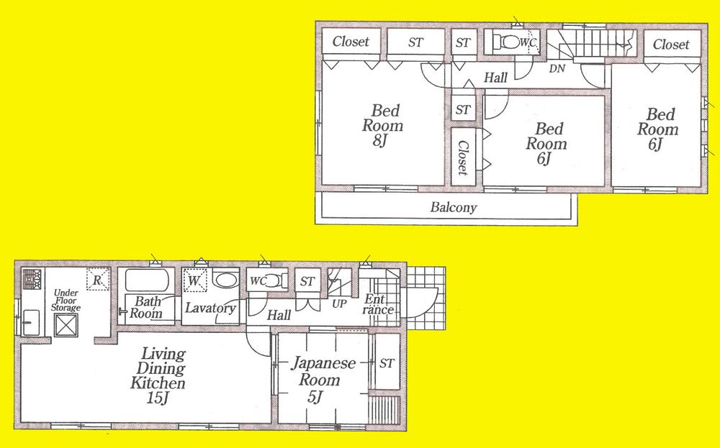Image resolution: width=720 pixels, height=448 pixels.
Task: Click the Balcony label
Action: pyautogui.click(x=454, y=209)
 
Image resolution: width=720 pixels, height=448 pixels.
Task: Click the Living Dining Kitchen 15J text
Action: pyautogui.click(x=159, y=369)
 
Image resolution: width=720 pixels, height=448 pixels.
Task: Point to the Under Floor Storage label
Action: pyautogui.click(x=66, y=300)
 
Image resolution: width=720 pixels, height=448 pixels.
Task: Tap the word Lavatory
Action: pyautogui.click(x=210, y=308)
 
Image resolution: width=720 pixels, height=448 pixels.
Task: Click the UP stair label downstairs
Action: pyautogui.click(x=338, y=304)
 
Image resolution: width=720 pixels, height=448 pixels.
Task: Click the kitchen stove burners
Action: pyautogui.click(x=32, y=278)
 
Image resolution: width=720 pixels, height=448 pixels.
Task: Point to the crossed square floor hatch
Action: pyautogui.click(x=66, y=327)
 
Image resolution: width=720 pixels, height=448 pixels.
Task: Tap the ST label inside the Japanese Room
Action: pyautogui.click(x=387, y=362)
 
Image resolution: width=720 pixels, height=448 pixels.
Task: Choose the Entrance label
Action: pyautogui.click(x=378, y=305)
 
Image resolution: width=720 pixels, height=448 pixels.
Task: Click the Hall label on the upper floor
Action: pyautogui.click(x=495, y=78)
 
